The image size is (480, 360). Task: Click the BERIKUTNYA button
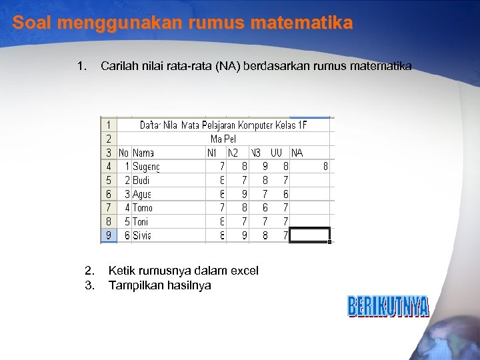(388, 307)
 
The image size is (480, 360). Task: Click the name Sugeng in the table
(146, 166)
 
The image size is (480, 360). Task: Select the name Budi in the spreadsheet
(141, 180)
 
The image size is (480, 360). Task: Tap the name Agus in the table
(142, 194)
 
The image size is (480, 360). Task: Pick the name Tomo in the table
(143, 208)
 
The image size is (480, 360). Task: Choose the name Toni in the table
(141, 221)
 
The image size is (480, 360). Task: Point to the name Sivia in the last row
(142, 235)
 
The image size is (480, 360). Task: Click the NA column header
(297, 153)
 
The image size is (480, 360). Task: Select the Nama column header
(143, 153)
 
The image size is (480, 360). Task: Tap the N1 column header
(213, 153)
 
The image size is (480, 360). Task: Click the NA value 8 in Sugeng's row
(325, 166)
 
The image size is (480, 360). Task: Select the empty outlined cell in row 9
(310, 235)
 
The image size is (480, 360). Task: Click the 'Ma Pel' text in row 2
(223, 139)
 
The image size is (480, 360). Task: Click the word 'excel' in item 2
(243, 270)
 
